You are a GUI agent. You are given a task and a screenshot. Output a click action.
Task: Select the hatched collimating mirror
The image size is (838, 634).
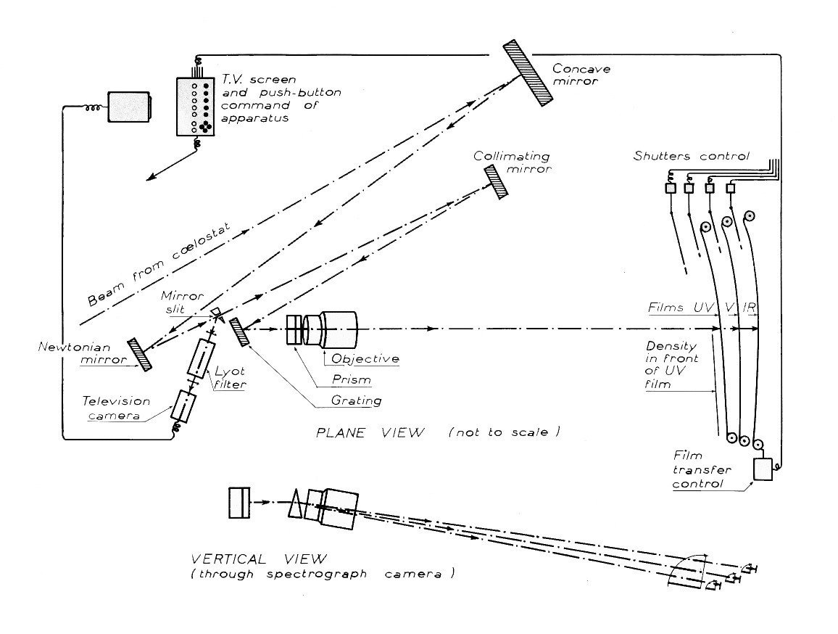[497, 180]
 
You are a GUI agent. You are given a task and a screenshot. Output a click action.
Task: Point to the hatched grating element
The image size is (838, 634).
[238, 332]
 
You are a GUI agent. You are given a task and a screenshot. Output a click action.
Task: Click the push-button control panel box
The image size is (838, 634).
[196, 106]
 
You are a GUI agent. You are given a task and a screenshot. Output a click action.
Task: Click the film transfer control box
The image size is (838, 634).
[763, 469]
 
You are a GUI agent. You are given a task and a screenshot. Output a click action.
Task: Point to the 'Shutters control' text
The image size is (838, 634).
[691, 155]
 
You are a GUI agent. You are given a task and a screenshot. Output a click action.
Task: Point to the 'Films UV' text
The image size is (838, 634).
[682, 308]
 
